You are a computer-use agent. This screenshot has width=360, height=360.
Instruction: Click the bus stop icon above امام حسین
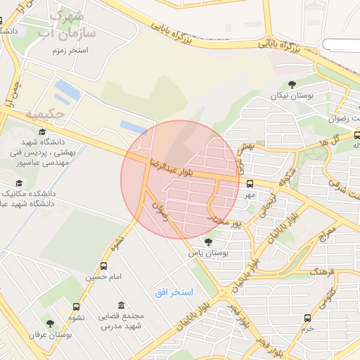coord(104,266)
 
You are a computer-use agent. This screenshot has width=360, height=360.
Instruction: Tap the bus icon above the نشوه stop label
coord(77,306)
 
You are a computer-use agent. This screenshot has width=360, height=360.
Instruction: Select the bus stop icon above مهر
coord(250,184)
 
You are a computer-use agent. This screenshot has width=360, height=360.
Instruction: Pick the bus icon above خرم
coord(307,318)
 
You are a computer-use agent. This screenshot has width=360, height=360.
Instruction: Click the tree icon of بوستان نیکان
coord(292,85)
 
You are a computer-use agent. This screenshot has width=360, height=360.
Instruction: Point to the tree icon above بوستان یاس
coord(207,241)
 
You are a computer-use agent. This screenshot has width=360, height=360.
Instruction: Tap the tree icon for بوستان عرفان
coord(49,323)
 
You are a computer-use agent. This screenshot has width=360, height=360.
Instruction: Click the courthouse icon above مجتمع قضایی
coord(122,305)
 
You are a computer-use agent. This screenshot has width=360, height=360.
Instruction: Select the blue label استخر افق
coord(174,291)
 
